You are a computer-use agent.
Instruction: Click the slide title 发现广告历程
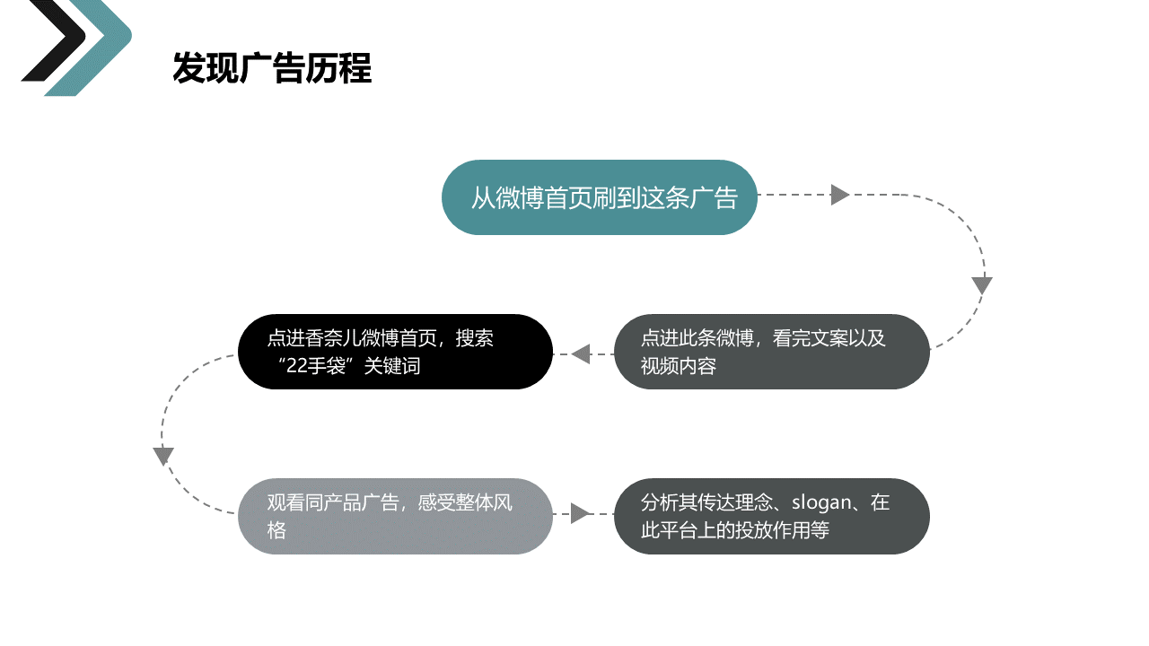coord(272,67)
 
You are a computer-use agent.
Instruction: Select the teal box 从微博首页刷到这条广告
coord(599,197)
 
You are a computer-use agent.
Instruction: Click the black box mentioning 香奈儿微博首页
coord(395,352)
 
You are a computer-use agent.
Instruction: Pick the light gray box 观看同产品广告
coord(395,516)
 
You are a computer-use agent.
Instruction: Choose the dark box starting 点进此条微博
coord(771,352)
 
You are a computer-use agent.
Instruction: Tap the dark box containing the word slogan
coord(771,516)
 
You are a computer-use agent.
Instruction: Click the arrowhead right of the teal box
coord(839,195)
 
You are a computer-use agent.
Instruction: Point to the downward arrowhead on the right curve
coord(982,285)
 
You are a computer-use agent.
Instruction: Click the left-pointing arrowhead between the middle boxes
coord(581,354)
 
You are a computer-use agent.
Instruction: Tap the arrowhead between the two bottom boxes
coord(580,513)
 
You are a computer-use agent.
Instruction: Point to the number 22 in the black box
coord(296,366)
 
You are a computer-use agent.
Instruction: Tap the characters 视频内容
coord(678,366)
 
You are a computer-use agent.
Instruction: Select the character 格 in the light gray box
coord(276,530)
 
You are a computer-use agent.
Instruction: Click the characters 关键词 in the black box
coord(392,366)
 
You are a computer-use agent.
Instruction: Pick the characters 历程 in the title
coord(338,67)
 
